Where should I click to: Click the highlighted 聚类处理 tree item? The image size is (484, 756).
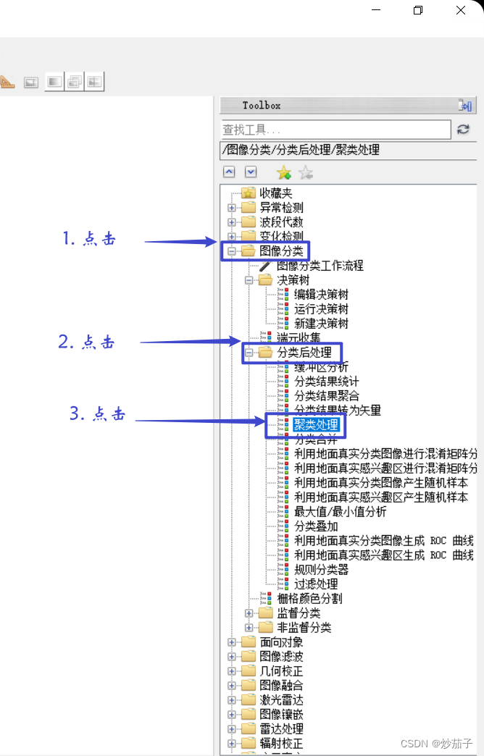point(316,424)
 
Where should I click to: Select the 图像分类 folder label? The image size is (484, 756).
point(281,251)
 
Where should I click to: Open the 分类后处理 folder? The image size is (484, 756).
point(304,353)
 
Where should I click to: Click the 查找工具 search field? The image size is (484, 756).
point(335,130)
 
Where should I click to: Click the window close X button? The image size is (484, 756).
point(461,10)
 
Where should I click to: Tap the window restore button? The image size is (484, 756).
point(418,10)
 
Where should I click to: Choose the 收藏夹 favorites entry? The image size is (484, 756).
point(275,193)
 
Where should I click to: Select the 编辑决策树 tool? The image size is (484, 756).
point(321,295)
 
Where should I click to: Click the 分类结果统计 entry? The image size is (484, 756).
point(326,382)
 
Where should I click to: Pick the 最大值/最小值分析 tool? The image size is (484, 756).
point(340,512)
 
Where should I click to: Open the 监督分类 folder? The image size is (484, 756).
point(299,613)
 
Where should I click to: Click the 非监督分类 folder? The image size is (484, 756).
point(304,628)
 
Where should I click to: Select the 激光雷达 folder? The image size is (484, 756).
point(281,700)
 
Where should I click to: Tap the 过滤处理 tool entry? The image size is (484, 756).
point(316,584)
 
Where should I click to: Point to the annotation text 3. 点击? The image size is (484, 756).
point(98,413)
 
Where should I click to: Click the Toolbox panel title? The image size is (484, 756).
point(262,106)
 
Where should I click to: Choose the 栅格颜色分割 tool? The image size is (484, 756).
point(309,599)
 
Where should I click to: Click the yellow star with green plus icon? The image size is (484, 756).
point(284,172)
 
